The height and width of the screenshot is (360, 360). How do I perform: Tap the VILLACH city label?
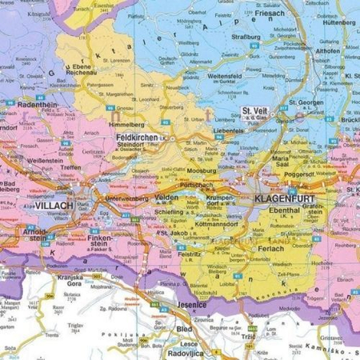coord(54,206)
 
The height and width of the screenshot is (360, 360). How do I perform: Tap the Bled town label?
coord(185,330)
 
